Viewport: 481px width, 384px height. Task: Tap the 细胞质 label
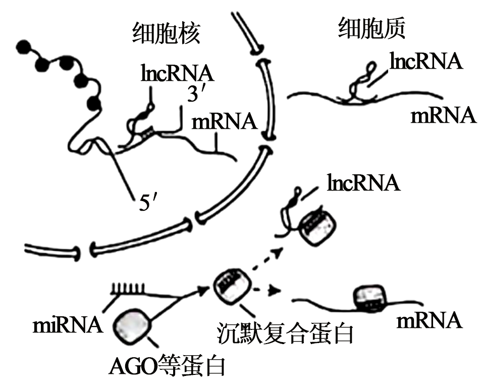click(371, 30)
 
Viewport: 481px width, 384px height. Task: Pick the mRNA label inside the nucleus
click(223, 121)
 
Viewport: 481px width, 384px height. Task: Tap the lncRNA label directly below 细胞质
click(426, 62)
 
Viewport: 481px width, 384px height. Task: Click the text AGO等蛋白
click(167, 365)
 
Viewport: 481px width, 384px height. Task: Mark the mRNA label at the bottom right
click(430, 320)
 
